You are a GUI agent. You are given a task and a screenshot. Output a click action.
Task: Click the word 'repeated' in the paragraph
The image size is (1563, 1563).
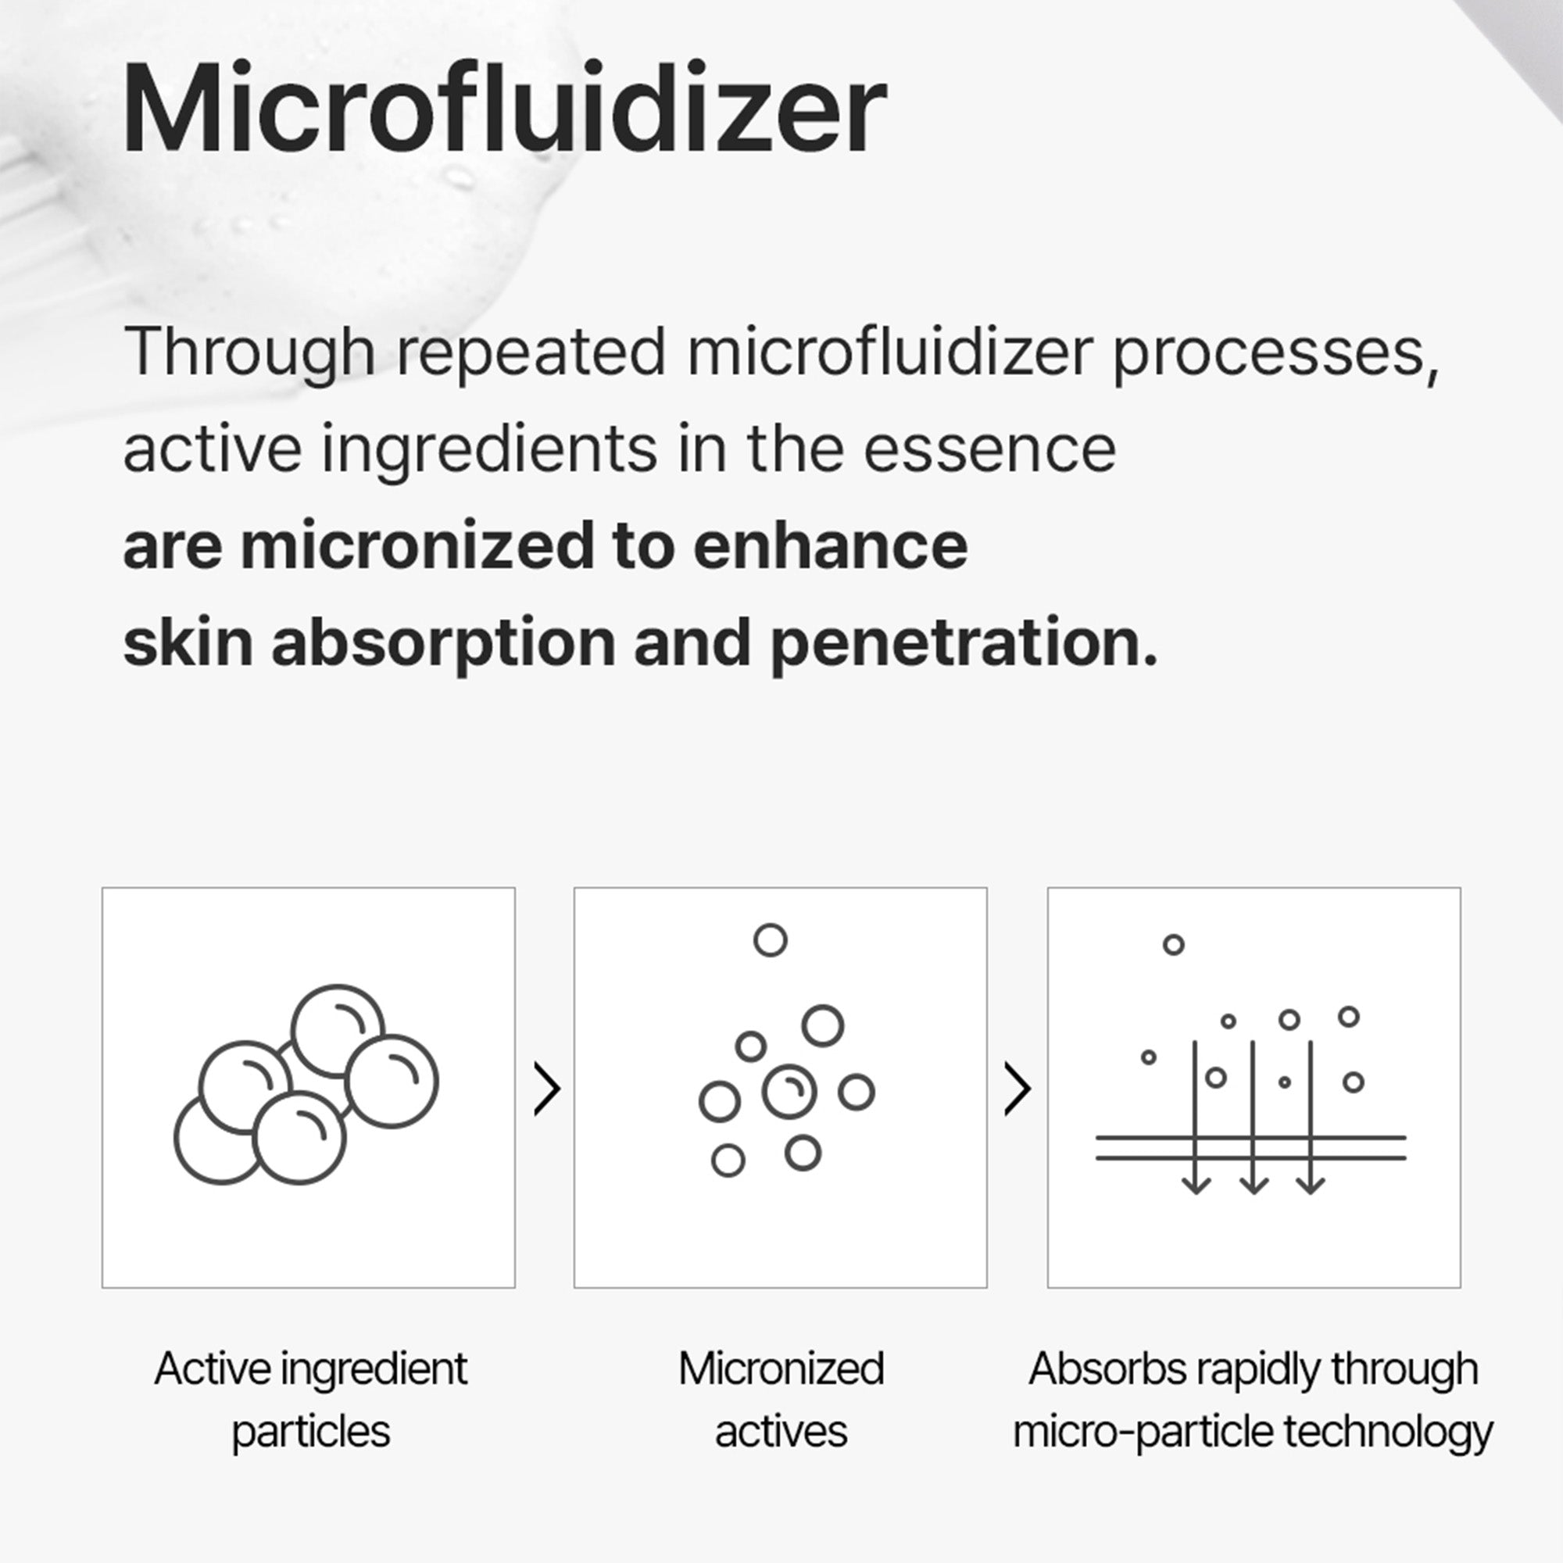pyautogui.click(x=531, y=352)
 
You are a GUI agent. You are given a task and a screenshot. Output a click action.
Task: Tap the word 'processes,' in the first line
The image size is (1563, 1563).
pyautogui.click(x=1276, y=353)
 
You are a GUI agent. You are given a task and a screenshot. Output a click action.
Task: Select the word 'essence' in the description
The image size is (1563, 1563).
pyautogui.click(x=989, y=449)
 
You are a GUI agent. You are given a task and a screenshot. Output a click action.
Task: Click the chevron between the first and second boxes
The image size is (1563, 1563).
pyautogui.click(x=547, y=1089)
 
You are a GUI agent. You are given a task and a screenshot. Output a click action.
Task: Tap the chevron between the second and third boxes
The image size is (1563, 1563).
pyautogui.click(x=1017, y=1089)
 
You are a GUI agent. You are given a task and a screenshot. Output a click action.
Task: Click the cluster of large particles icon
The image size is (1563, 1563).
pyautogui.click(x=306, y=1084)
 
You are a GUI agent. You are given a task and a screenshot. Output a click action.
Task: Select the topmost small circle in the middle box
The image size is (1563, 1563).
pyautogui.click(x=771, y=940)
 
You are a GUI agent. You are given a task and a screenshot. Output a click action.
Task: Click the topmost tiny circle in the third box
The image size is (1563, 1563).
pyautogui.click(x=1173, y=944)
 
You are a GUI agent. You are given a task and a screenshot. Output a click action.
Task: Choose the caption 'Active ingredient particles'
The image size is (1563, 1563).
pyautogui.click(x=311, y=1400)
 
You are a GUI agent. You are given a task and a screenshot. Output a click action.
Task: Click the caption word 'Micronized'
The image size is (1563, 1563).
pyautogui.click(x=781, y=1368)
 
